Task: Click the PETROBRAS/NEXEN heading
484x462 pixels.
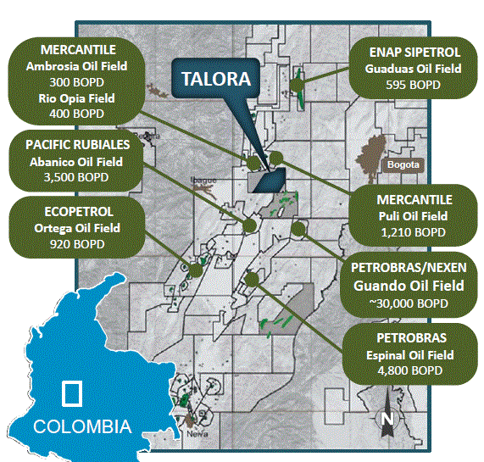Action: click(x=413, y=269)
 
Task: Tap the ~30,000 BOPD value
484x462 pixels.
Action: click(x=413, y=302)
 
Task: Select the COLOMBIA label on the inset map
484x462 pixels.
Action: click(x=82, y=426)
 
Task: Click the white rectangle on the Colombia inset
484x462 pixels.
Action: click(x=72, y=392)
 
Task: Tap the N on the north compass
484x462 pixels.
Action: click(x=387, y=419)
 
